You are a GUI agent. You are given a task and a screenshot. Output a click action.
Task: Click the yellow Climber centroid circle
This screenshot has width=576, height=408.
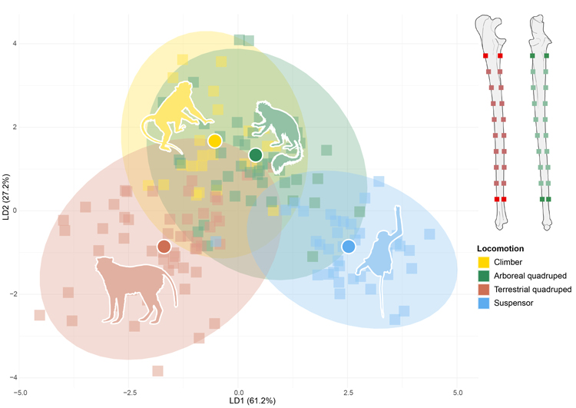[215, 141]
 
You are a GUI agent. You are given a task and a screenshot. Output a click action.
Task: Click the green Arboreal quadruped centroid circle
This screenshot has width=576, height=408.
[256, 155]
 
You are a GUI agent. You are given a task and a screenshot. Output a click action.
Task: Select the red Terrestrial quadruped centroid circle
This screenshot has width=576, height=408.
[164, 247]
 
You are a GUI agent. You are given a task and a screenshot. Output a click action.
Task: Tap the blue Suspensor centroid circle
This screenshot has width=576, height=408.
[348, 247]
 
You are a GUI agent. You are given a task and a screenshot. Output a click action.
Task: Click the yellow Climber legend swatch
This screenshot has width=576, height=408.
[484, 262]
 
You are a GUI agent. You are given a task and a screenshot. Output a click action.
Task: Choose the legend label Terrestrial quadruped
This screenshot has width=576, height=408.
[535, 290]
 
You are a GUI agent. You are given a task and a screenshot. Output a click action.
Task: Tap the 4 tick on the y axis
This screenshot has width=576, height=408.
[13, 43]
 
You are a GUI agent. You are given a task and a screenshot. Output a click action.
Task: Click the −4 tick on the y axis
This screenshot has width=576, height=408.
[12, 377]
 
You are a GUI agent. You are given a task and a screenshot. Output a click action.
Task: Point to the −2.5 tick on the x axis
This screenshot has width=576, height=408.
[129, 392]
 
